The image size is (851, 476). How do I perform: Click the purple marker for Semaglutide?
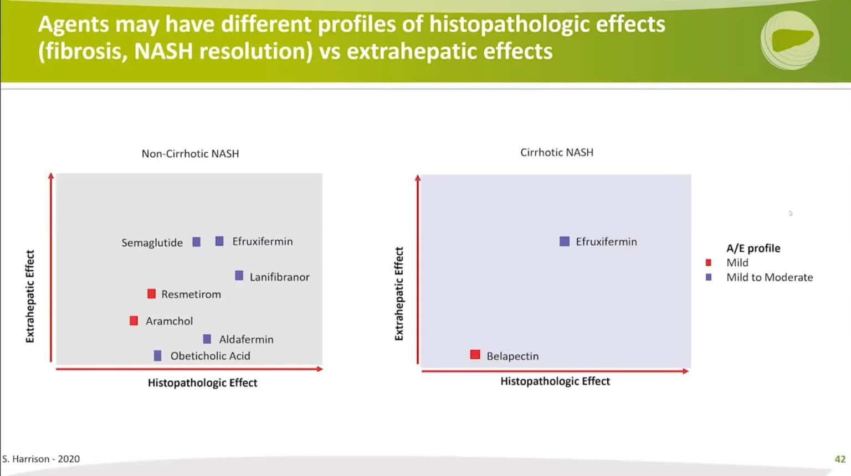click(196, 242)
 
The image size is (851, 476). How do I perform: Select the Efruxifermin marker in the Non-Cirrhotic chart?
click(219, 241)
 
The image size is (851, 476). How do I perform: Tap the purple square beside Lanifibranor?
click(239, 276)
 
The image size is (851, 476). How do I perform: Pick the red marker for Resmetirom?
click(151, 294)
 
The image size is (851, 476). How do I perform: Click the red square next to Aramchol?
click(134, 320)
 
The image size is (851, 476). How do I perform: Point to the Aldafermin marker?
click(207, 339)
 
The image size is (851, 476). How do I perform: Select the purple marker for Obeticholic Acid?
click(157, 355)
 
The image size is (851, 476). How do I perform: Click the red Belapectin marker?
click(475, 355)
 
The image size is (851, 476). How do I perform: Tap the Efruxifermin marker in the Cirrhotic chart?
click(564, 241)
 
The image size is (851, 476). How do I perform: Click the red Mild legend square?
click(708, 262)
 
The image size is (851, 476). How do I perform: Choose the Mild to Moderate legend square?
click(708, 277)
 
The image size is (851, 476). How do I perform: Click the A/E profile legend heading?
click(753, 248)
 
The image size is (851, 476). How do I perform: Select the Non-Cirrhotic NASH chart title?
click(190, 153)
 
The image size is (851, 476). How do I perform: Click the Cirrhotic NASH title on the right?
click(556, 152)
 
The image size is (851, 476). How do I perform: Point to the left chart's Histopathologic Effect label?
click(202, 382)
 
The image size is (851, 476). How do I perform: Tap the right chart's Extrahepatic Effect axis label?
click(399, 293)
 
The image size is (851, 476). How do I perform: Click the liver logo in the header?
click(790, 40)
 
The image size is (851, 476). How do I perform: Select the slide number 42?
click(839, 459)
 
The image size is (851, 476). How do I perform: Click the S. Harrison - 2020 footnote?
click(41, 459)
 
